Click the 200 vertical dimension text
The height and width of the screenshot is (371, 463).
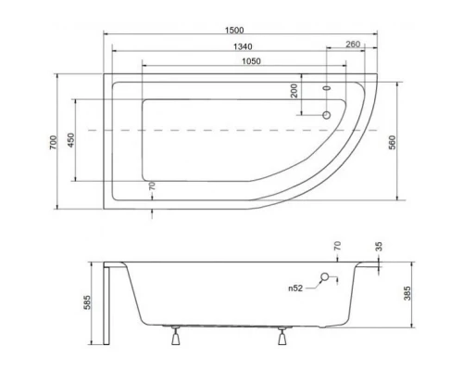tap(294, 92)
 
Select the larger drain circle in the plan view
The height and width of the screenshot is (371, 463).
tap(324, 116)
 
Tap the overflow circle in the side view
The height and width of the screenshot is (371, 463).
tap(325, 276)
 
